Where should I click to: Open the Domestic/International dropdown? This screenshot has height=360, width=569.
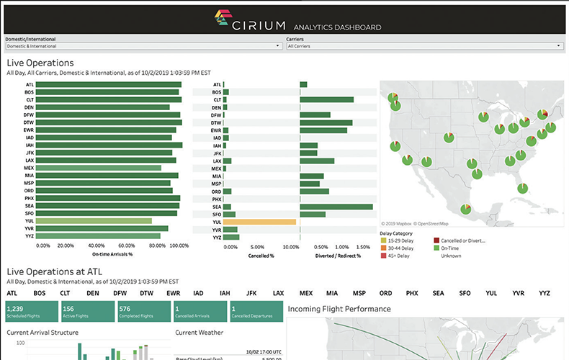(143, 46)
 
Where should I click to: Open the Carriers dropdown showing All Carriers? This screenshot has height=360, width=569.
(424, 46)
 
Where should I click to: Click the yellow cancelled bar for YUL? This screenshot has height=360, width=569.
(260, 222)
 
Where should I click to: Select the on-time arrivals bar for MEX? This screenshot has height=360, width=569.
(98, 167)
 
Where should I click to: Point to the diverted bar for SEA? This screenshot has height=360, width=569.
(336, 207)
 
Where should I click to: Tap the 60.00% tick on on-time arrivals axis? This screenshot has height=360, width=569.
(127, 246)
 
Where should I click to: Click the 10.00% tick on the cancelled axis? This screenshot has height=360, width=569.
(291, 246)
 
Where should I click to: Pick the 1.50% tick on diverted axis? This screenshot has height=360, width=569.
(364, 246)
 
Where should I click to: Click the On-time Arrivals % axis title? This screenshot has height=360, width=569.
(112, 255)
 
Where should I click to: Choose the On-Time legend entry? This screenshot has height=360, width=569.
(452, 248)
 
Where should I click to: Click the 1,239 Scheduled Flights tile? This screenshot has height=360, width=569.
(30, 311)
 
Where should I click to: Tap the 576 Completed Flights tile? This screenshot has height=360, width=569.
(143, 311)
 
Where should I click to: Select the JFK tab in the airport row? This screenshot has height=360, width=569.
(251, 294)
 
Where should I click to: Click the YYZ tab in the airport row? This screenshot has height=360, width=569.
(545, 294)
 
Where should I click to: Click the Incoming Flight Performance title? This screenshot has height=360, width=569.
(339, 309)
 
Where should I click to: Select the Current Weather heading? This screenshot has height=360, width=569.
(199, 332)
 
